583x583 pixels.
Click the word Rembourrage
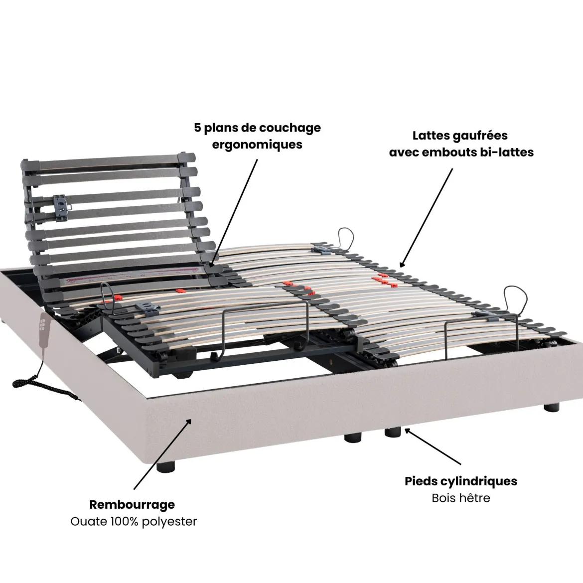pos(132,505)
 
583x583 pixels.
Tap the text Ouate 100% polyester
pos(134,521)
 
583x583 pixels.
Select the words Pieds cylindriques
pos(461,481)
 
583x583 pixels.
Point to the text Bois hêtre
pos(461,497)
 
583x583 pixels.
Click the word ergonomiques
pos(257,145)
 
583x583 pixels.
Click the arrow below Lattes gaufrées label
pos(426,218)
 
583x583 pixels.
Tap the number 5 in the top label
pos(197,128)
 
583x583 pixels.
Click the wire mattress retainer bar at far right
pos(481,335)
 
